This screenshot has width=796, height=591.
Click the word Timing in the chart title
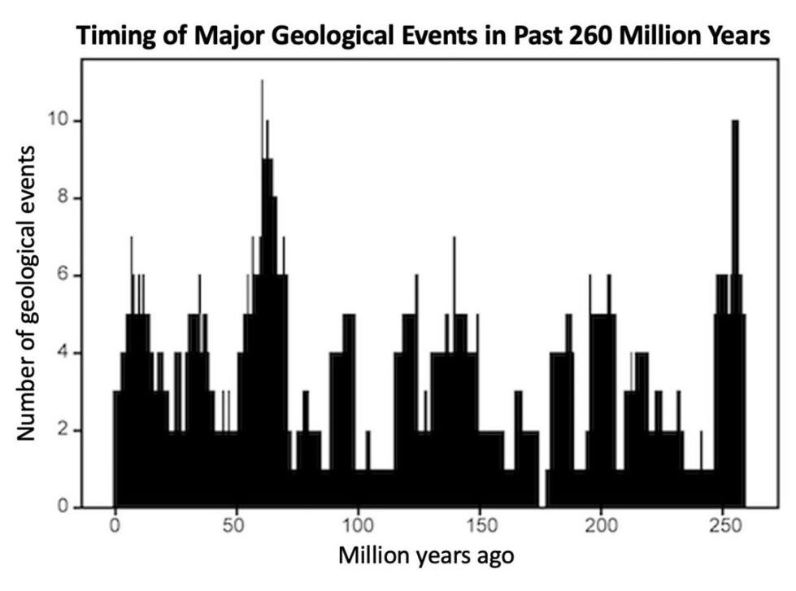click(x=111, y=35)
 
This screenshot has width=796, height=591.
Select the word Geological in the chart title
click(x=349, y=35)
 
